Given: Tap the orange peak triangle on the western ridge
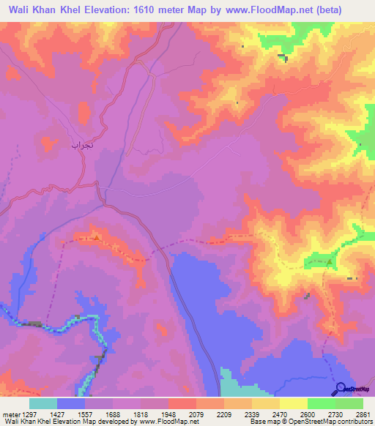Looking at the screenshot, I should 96,236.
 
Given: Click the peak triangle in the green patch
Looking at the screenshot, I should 330,261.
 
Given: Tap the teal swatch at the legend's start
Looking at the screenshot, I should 43,403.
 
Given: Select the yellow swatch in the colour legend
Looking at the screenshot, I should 293,403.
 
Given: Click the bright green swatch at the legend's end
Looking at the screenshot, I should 349,403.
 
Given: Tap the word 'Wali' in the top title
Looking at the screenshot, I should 22,11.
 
